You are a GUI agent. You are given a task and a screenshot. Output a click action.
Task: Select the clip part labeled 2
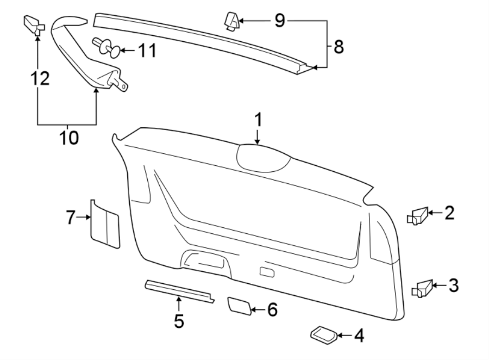click(x=418, y=216)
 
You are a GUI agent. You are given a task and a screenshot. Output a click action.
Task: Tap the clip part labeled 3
click(x=422, y=287)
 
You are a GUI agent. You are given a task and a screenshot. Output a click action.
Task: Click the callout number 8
click(x=338, y=47)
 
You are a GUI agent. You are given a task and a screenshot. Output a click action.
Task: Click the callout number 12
click(x=39, y=79)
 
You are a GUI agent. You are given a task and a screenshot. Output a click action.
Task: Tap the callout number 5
click(x=179, y=321)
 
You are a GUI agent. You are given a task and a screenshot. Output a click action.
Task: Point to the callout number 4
click(x=358, y=336)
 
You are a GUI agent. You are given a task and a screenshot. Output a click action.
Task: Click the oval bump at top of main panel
click(x=262, y=158)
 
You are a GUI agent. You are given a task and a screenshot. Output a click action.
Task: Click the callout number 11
click(x=146, y=51)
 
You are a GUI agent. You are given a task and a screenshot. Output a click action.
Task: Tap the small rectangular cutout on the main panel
click(x=266, y=271)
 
